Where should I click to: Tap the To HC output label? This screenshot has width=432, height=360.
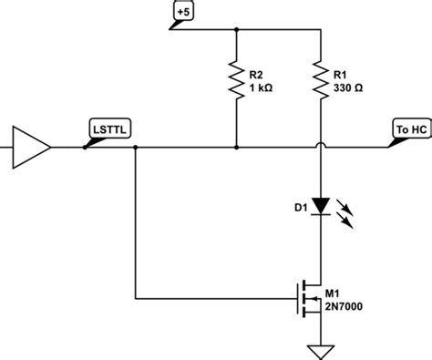point(407,130)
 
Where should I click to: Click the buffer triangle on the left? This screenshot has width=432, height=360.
point(27,146)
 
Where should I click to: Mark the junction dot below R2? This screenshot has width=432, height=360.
point(236,146)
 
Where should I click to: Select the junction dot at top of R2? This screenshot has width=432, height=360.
point(236,30)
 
